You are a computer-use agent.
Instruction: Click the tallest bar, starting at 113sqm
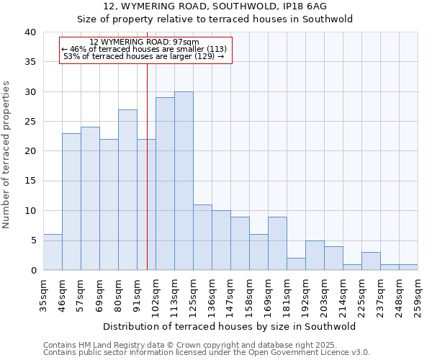coord(184,181)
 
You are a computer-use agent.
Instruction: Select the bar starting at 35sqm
coord(53,252)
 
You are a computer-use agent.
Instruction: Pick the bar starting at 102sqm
coord(165,184)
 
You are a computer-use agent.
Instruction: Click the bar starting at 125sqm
coord(202,237)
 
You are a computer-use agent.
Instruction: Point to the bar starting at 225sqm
coord(371,261)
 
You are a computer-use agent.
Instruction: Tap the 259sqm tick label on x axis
coord(418,294)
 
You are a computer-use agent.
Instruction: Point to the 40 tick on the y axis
coord(30,32)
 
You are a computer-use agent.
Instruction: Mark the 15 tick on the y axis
coord(30,181)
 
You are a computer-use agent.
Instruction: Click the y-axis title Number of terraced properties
coord(7,154)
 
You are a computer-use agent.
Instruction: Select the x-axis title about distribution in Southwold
coord(229,326)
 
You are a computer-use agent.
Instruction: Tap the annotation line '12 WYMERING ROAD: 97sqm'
coord(144,42)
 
